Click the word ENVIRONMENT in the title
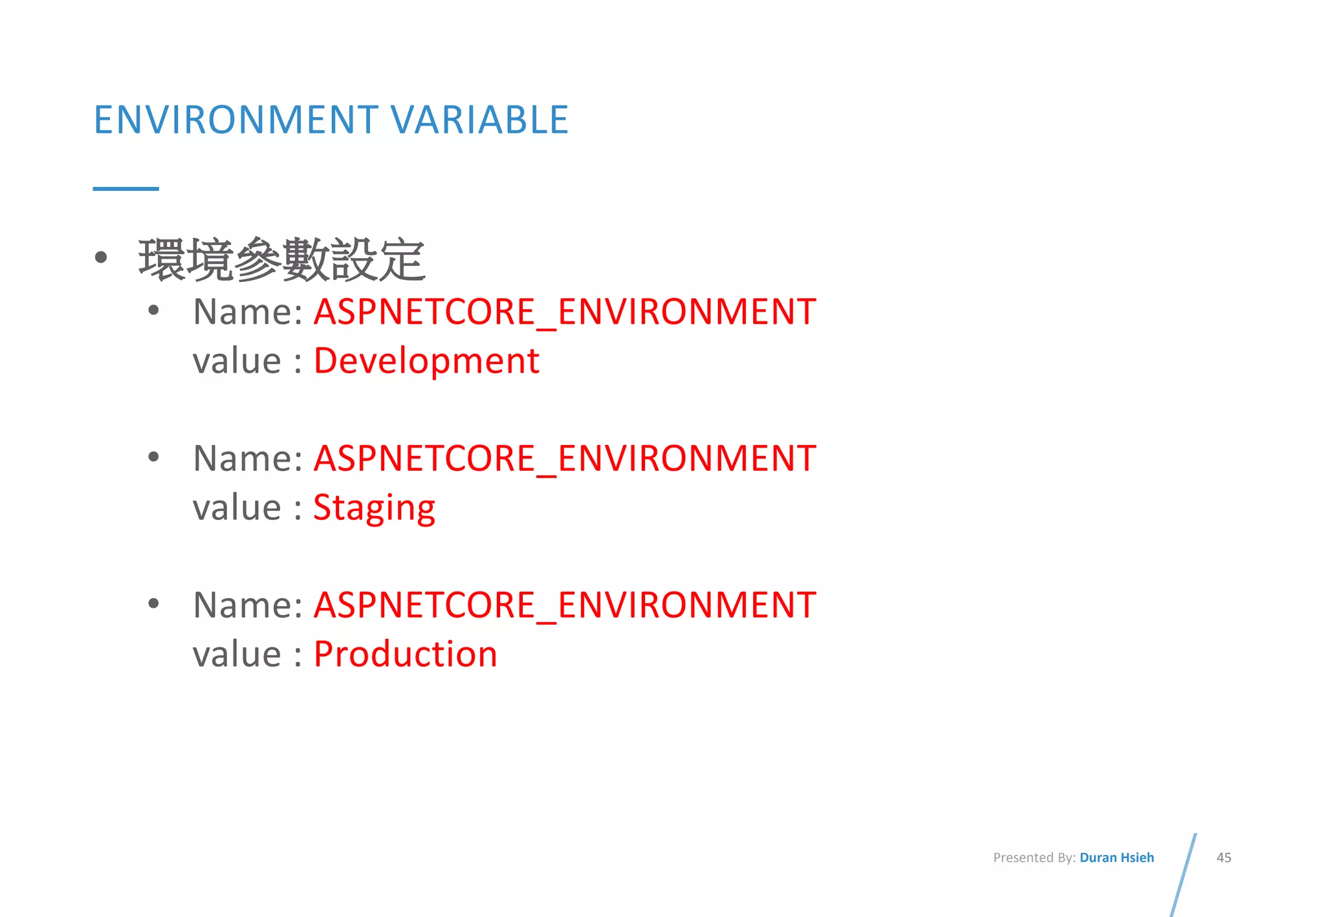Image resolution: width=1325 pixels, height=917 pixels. coord(236,120)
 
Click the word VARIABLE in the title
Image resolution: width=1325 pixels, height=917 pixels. coord(479,120)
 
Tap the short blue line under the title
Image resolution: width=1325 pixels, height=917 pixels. coord(126,189)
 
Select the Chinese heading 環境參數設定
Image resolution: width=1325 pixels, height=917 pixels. coord(281,259)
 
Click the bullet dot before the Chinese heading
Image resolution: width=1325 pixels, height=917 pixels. coord(101,257)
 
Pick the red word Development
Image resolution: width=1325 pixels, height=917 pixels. coord(426,361)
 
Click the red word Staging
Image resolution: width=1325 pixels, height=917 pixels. coord(374,508)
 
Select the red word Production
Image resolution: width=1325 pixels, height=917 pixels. coord(406,654)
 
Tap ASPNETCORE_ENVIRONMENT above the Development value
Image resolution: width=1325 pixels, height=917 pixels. coord(565,312)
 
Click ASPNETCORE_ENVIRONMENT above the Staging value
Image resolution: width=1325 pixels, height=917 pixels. coord(565,458)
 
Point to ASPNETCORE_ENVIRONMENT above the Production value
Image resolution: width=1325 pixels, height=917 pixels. coord(565,605)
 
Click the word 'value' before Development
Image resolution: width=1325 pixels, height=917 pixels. coord(237,361)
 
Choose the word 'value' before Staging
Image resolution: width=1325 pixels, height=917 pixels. coord(237,508)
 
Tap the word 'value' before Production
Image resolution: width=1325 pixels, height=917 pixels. coord(237,654)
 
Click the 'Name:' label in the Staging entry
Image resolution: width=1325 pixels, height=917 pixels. coord(248,458)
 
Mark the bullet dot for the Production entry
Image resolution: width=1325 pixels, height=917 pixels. coord(153,604)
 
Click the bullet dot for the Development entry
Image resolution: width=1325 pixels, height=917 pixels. coord(153,310)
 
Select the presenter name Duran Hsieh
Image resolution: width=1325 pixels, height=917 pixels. coord(1117,858)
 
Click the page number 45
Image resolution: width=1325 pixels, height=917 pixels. coord(1223,858)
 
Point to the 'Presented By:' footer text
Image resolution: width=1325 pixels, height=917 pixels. coord(1034,858)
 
